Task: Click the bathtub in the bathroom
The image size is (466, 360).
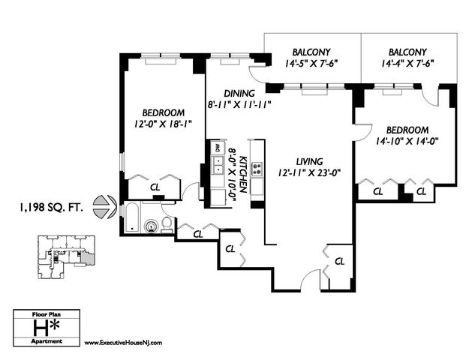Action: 132,217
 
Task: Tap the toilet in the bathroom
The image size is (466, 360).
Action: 167,224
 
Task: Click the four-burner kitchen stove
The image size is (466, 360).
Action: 257,169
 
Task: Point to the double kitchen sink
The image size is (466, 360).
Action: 218,166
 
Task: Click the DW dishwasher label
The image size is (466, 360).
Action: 218,148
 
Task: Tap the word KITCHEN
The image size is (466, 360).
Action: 244,174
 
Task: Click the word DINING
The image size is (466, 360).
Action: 239,94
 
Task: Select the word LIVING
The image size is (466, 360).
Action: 309,161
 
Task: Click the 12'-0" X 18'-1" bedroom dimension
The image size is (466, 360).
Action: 163,124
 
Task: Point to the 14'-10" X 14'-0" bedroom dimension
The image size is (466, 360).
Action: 407,141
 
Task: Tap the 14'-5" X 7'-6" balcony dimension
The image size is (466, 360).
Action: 311,63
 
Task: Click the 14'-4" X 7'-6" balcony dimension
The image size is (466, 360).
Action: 407,63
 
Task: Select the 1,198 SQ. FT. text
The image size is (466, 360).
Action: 51,207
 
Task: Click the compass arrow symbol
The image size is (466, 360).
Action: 104,207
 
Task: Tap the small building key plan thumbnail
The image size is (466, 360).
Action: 66,257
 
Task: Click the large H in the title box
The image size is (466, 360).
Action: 41,328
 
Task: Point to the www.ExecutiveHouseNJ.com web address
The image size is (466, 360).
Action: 123,343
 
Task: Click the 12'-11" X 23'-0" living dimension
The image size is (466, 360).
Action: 309,172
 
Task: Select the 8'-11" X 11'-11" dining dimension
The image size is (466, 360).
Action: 239,104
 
